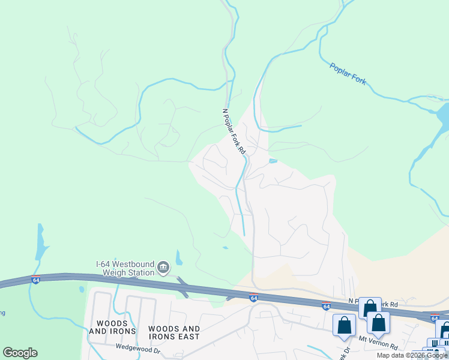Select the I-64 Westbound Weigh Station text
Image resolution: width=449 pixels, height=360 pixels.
pos(125,268)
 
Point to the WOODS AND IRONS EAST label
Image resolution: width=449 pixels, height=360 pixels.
pos(173,332)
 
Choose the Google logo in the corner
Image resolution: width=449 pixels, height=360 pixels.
pos(20,353)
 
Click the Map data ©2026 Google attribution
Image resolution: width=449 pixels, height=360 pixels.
pos(412,355)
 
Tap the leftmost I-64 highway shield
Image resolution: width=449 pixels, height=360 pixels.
pos(35,280)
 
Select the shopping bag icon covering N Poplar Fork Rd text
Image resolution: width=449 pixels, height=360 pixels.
pos(370,308)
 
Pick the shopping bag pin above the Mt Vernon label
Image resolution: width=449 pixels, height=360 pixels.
pos(379,323)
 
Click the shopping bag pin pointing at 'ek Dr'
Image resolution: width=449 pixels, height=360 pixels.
pos(345,325)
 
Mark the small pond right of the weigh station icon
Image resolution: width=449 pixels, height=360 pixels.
pos(179,259)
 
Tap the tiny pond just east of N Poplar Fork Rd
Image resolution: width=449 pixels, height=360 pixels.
pos(273,161)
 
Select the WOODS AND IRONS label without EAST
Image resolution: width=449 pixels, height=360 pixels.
pos(108,327)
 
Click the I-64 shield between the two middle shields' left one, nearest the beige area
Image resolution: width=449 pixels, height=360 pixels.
pos(254,298)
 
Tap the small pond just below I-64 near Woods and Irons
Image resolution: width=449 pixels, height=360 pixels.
pos(82,289)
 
